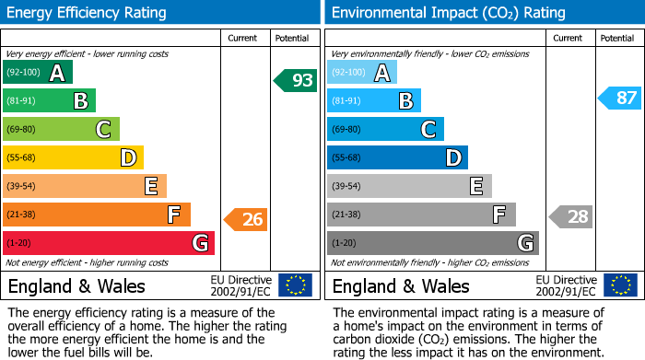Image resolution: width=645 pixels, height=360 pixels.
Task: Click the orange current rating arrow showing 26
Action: click(245, 219)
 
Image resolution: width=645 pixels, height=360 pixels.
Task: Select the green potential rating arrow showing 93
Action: click(295, 80)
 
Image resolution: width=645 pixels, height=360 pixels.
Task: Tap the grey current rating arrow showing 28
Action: click(570, 216)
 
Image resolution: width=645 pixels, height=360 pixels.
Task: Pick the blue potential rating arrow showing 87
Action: click(619, 98)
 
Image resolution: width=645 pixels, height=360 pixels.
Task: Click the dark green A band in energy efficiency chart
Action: click(37, 73)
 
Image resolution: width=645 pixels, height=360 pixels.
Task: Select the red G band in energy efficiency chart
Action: click(108, 243)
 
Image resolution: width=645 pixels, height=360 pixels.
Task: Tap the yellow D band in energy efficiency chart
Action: click(73, 157)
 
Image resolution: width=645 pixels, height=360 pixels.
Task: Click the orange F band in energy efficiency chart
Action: click(96, 215)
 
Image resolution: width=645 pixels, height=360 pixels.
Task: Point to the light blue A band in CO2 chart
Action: click(362, 73)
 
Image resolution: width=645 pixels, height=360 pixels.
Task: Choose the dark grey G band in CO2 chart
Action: click(432, 243)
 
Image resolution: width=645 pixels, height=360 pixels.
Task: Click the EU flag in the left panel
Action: click(295, 285)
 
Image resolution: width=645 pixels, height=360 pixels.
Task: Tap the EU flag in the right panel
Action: click(619, 285)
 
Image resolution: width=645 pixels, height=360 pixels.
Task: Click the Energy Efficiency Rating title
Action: click(88, 13)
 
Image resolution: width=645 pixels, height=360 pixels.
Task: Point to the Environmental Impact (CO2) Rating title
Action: click(448, 13)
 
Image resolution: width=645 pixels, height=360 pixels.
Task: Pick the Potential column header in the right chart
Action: click(616, 38)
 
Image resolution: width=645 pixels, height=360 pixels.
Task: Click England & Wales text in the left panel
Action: click(76, 285)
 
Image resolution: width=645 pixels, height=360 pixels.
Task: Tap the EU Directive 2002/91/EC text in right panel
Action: click(566, 285)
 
